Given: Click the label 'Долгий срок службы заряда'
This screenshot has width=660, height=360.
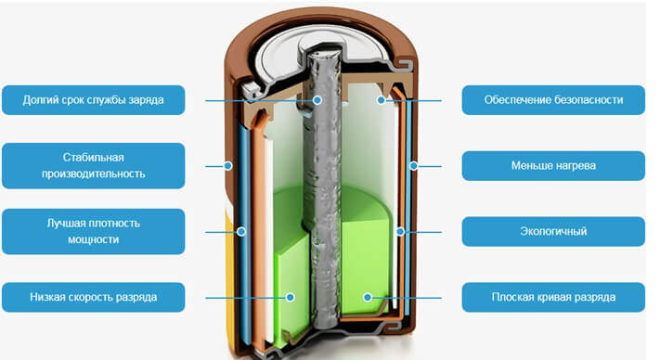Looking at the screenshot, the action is (93, 99).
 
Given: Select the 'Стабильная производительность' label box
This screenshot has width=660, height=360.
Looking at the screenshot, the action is (93, 165).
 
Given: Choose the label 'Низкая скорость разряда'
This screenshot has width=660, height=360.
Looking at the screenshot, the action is (93, 297).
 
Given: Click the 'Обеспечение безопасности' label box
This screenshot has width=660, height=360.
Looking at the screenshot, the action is (552, 99).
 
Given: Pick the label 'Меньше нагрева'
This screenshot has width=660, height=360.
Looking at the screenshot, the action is (552, 165).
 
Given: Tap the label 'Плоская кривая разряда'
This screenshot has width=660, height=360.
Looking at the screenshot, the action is (552, 297).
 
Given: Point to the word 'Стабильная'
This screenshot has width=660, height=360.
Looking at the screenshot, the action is (92, 157).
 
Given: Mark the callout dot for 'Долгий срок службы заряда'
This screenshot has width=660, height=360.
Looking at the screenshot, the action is (317, 99).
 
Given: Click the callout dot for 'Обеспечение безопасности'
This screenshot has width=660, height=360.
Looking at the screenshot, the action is (381, 99).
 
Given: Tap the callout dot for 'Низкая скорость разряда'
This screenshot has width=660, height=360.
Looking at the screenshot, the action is (291, 297).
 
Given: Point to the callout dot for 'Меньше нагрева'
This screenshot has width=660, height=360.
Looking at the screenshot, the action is (412, 165).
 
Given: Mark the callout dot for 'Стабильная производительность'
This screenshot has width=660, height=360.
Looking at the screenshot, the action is (228, 165).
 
